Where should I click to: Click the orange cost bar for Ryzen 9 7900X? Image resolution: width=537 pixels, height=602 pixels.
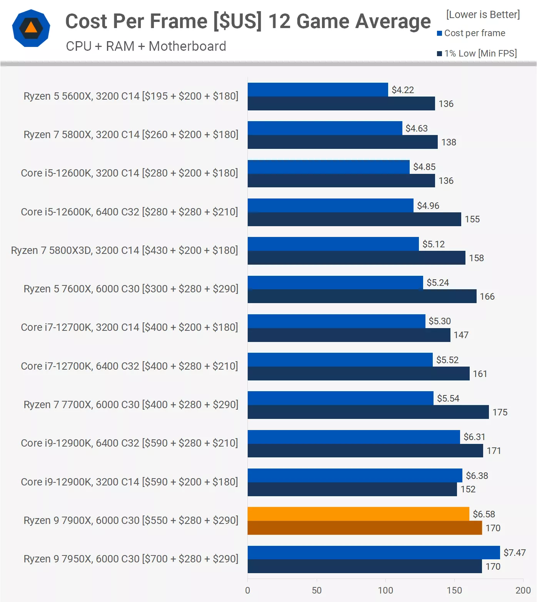pos(358,514)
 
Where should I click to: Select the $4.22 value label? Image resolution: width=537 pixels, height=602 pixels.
pos(403,90)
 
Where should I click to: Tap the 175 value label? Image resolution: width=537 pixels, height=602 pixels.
pos(500,412)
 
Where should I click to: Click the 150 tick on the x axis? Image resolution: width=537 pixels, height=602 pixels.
pos(454,590)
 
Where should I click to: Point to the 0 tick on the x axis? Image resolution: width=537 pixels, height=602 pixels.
pos(248,590)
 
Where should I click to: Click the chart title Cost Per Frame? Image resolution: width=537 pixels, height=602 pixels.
pos(248,21)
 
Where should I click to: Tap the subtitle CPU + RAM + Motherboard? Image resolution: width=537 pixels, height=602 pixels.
pos(146,46)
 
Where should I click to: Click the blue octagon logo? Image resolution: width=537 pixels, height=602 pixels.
pos(31,28)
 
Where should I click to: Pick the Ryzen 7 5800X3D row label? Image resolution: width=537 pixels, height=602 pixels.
pos(124,250)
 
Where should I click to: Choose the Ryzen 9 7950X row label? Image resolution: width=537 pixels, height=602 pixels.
pos(131,559)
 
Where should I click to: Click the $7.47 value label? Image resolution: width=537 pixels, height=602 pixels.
pos(514,553)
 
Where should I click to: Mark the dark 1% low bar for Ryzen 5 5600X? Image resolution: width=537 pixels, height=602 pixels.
pos(341,104)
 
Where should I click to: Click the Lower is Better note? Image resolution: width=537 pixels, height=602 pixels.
pos(483,15)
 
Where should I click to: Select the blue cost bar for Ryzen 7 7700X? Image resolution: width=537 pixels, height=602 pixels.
pos(340,398)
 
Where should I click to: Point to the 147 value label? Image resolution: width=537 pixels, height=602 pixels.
pos(461,335)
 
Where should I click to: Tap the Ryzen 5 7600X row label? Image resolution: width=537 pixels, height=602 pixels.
pos(131,289)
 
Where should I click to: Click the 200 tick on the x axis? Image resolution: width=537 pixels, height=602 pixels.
pos(523,590)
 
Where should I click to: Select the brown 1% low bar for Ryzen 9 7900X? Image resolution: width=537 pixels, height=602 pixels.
pos(365,528)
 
